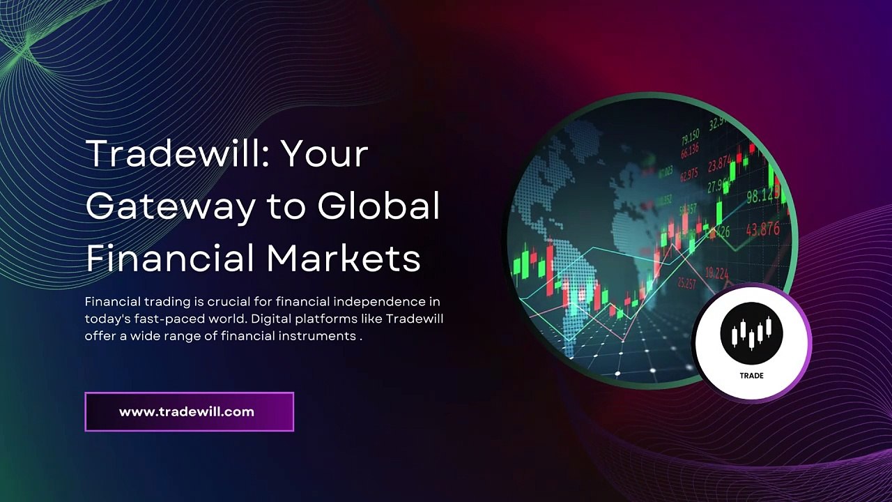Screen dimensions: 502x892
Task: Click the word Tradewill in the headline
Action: coord(177,153)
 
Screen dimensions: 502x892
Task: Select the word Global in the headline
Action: coord(379,206)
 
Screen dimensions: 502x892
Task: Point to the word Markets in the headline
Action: coord(344,258)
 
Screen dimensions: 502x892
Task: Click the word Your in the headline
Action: coord(324,153)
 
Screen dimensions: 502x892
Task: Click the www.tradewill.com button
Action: coord(189,411)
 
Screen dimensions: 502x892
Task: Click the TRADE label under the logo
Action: coord(751,375)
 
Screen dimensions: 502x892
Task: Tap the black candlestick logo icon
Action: coord(751,333)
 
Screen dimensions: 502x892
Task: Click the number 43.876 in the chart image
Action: coord(762,229)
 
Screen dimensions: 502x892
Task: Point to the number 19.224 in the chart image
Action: coord(717,273)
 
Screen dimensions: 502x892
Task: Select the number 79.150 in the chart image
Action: coord(691,135)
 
